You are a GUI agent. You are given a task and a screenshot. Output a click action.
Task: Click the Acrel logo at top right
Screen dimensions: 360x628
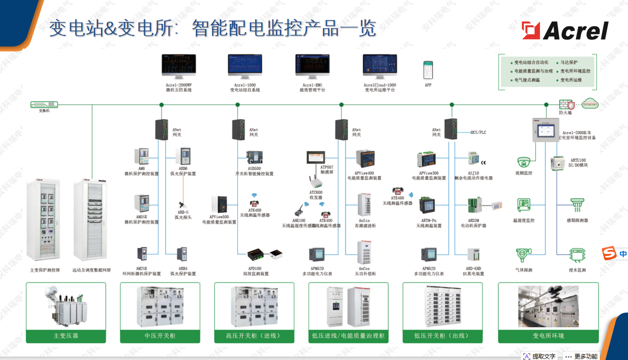[x=565, y=31]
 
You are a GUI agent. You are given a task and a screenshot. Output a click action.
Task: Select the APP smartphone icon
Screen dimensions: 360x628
[x=428, y=70]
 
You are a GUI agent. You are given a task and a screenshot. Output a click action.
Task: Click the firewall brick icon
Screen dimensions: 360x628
[x=565, y=105]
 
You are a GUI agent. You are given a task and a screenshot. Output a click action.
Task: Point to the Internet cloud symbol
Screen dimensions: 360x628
[x=590, y=104]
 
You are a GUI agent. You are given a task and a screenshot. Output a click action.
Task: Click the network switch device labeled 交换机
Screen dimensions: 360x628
[x=44, y=104]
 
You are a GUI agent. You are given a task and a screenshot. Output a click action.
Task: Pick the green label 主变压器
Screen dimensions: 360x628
[x=66, y=336]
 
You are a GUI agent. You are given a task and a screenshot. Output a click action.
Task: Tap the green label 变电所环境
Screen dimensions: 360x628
[x=548, y=336]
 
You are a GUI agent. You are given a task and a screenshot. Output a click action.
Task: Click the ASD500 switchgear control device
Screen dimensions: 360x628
[x=254, y=158]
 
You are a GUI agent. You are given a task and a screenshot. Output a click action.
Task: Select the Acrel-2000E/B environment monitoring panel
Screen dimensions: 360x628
[x=545, y=130]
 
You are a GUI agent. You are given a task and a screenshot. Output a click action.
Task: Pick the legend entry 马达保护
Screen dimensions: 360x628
[x=569, y=63]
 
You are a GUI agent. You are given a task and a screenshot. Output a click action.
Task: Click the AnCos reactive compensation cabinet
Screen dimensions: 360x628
[x=364, y=252]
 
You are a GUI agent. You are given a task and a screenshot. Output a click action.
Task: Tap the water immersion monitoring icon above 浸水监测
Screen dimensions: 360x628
[x=577, y=254]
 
